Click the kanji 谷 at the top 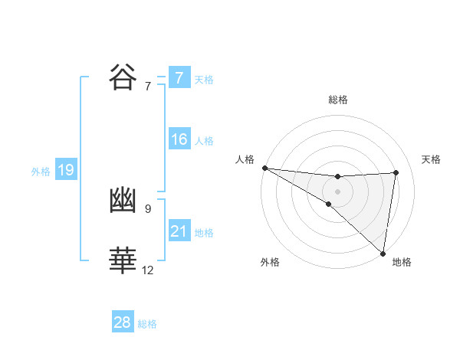tap(124, 77)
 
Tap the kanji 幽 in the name tap(124, 201)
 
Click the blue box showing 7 tap(179, 78)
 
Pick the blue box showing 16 tap(179, 140)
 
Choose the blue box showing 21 tap(179, 231)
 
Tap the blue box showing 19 tap(66, 170)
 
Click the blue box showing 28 tap(123, 322)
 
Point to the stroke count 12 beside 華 tap(147, 270)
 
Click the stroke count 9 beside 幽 tap(147, 208)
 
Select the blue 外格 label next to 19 tap(41, 172)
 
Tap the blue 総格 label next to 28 tap(147, 324)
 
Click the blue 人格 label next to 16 tap(204, 141)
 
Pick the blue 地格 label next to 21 tap(204, 233)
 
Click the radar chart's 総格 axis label tap(337, 100)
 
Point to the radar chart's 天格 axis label tap(432, 159)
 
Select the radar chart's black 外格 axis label tap(270, 262)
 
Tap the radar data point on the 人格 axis tap(264, 168)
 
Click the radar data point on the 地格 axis tap(383, 253)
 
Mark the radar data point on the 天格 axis tap(396, 172)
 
